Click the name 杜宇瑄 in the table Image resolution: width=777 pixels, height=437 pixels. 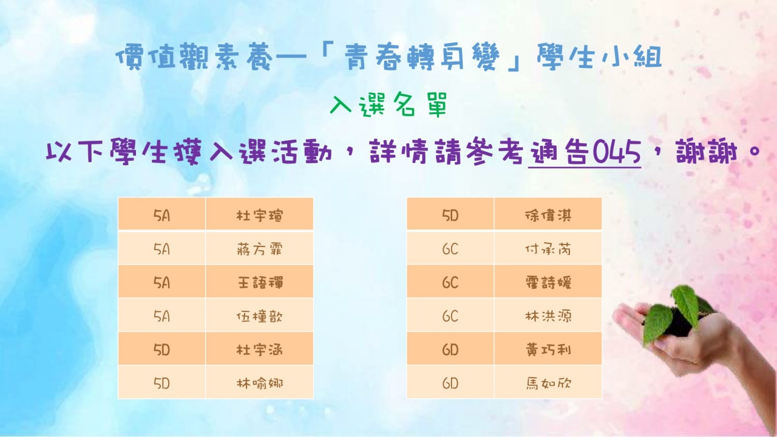pos(259,215)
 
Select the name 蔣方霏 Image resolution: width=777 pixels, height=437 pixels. pos(259,249)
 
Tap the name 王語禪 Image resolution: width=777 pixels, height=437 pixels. pos(259,283)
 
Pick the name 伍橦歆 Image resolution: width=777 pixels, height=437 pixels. pos(259,316)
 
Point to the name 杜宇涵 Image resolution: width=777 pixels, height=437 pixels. pos(259,350)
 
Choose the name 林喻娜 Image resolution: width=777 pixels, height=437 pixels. pos(259,383)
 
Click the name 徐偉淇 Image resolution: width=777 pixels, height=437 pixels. pos(548,215)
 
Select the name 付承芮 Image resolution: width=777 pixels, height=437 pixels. pos(548,249)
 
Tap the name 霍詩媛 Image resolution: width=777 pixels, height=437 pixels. pos(548,283)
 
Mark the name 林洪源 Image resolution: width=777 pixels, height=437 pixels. pos(548,316)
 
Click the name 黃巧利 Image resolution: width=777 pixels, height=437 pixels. pos(548,350)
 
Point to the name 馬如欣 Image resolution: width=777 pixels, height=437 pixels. pos(548,383)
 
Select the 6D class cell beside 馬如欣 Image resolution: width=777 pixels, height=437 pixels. pos(450,383)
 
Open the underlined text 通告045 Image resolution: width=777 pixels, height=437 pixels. pos(585,152)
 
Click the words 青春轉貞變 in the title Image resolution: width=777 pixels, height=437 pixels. pos(422,58)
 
